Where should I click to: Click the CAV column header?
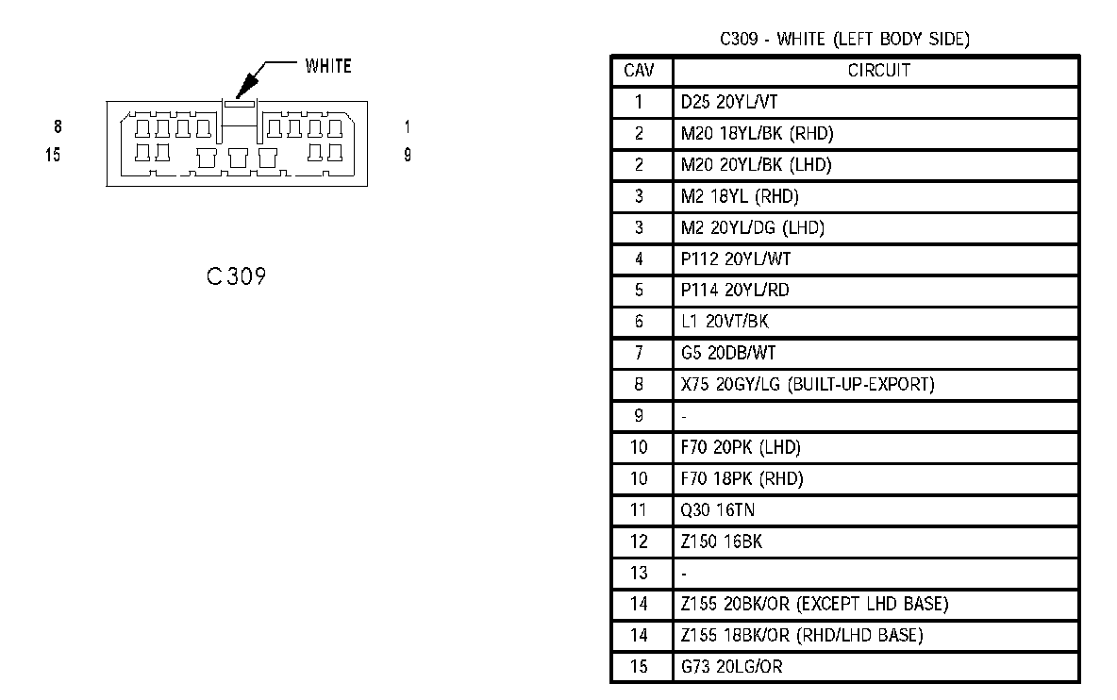pyautogui.click(x=641, y=71)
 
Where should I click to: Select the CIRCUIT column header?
pyautogui.click(x=878, y=71)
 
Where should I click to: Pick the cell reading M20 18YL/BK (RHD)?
pyautogui.click(x=758, y=133)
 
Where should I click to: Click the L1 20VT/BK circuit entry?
pyautogui.click(x=725, y=322)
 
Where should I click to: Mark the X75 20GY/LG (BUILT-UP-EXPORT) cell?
pyautogui.click(x=807, y=384)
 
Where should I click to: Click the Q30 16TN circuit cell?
pyautogui.click(x=717, y=510)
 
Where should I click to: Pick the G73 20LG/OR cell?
pyautogui.click(x=731, y=667)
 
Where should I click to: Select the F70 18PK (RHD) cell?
pyautogui.click(x=742, y=478)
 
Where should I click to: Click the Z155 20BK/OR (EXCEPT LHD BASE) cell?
pyautogui.click(x=814, y=604)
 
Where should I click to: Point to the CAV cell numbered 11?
pyautogui.click(x=641, y=510)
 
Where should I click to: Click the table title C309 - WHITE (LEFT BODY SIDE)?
pyautogui.click(x=844, y=40)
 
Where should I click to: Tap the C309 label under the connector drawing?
pyautogui.click(x=236, y=276)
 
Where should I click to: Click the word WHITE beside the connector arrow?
pyautogui.click(x=327, y=66)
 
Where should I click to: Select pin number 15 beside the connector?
pyautogui.click(x=53, y=155)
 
